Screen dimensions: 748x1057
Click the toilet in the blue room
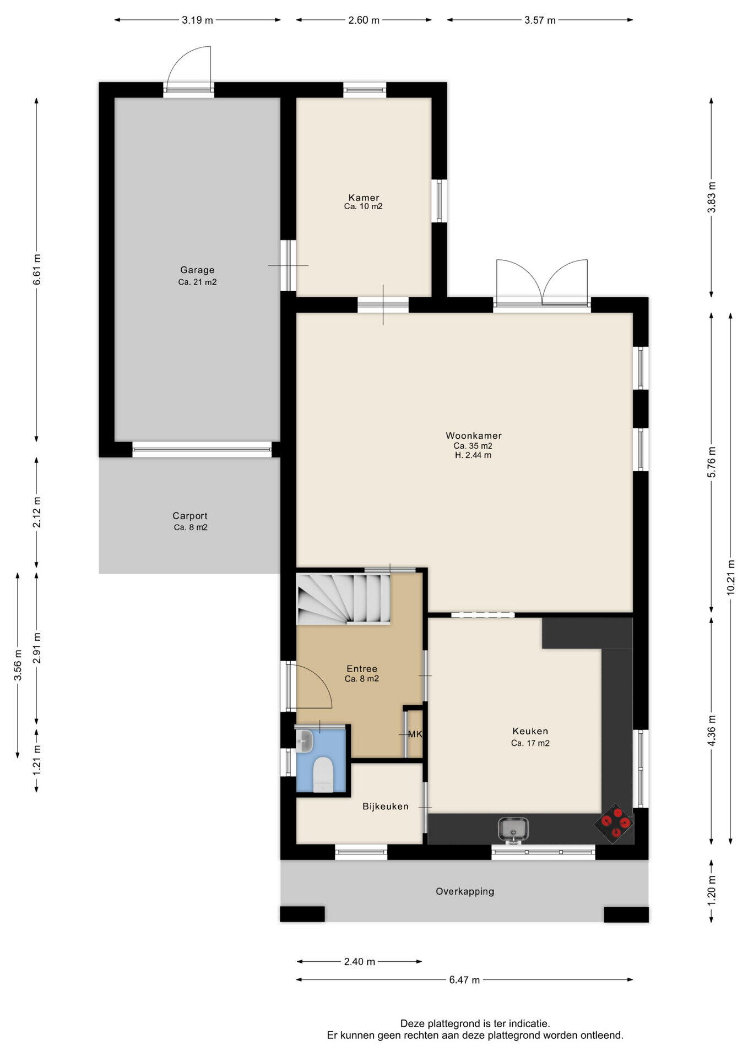tap(323, 775)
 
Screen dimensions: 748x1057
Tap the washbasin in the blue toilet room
tap(305, 741)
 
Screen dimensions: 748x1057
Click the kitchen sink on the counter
tap(513, 829)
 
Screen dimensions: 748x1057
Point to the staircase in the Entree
tap(343, 599)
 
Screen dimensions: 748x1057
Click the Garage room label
tap(197, 270)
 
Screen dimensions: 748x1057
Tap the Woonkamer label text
tap(474, 435)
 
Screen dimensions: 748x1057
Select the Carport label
tap(190, 516)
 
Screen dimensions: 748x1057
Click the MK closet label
tap(414, 734)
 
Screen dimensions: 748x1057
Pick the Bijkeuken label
tap(386, 807)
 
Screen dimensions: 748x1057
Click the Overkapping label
tap(465, 891)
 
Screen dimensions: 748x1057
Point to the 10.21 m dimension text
tap(731, 577)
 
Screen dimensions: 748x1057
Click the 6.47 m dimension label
tap(464, 979)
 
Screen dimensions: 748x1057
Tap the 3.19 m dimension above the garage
tap(197, 20)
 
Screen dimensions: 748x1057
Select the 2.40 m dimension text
tap(359, 962)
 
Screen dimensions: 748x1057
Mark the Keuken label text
tap(530, 731)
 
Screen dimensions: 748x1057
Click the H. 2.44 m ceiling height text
tap(473, 455)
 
